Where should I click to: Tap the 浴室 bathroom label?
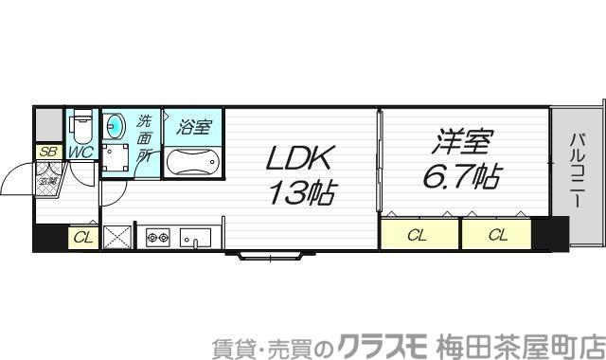[194, 126]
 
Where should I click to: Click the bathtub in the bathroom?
[193, 162]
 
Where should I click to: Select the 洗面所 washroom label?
[145, 140]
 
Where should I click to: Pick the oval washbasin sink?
[116, 126]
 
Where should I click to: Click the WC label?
[80, 152]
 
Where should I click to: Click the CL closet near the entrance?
[82, 238]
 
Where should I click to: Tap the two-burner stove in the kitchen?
[157, 237]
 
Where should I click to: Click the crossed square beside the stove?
[117, 237]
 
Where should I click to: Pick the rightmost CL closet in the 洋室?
[497, 235]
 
